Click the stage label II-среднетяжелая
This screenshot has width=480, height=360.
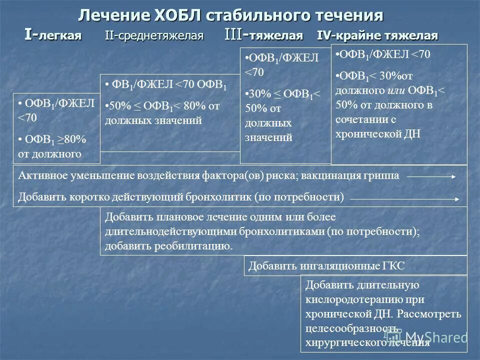pyautogui.click(x=154, y=36)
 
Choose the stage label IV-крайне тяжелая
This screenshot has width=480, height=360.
pyautogui.click(x=377, y=36)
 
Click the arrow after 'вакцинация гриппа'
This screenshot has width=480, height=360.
pyautogui.click(x=430, y=176)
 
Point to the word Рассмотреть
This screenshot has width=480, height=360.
pyautogui.click(x=431, y=314)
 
